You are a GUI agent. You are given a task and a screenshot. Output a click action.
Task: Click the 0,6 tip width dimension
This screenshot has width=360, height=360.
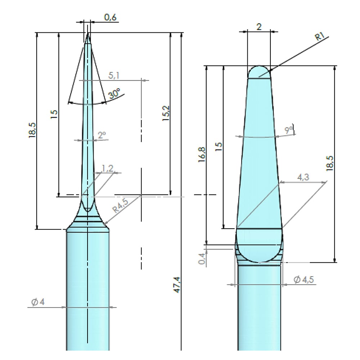pyautogui.click(x=111, y=17)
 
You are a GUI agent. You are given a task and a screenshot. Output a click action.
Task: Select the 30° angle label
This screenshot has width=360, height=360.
pyautogui.click(x=114, y=94)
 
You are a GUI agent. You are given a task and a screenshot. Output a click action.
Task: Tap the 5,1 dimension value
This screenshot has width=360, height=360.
pyautogui.click(x=114, y=75)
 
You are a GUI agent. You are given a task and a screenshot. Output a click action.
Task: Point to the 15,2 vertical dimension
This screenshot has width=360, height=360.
pyautogui.click(x=166, y=113)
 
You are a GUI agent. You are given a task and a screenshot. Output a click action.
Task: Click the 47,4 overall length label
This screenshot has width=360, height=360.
pyautogui.click(x=177, y=285)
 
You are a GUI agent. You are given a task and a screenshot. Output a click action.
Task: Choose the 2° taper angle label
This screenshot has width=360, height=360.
pyautogui.click(x=102, y=135)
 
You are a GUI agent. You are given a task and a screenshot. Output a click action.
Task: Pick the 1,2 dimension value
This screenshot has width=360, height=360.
pyautogui.click(x=107, y=168)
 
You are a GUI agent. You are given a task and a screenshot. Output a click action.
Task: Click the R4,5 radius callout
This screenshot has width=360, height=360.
pyautogui.click(x=120, y=205)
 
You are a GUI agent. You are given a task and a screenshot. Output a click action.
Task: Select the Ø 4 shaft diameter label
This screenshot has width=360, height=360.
pyautogui.click(x=38, y=302)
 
